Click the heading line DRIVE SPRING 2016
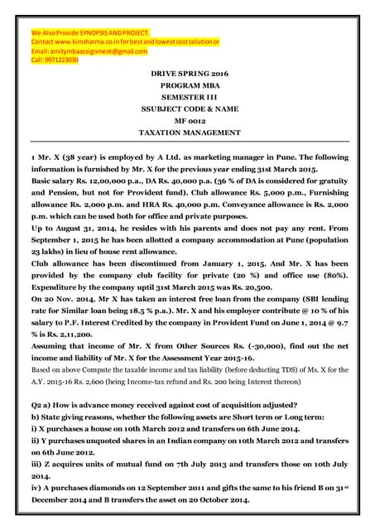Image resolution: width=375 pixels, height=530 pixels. tap(186, 75)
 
